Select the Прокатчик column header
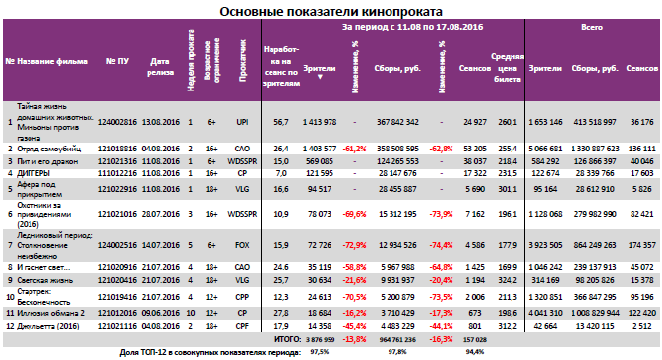[241, 64]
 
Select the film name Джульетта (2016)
[49, 324]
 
